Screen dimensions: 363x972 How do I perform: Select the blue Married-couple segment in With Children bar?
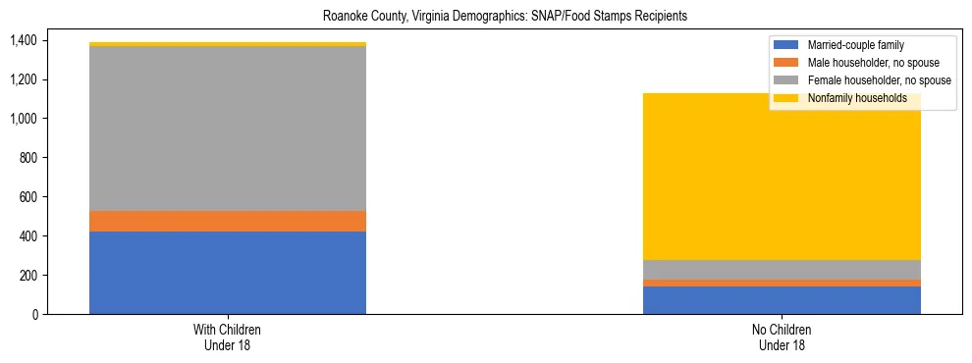228,273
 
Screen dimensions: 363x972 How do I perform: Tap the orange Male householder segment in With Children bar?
228,222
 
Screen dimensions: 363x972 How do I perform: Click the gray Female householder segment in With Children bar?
228,129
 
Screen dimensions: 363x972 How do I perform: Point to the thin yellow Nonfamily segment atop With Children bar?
228,44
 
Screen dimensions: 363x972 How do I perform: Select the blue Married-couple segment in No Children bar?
782,300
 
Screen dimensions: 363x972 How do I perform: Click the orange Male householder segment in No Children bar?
782,284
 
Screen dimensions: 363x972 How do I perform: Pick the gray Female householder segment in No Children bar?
782,270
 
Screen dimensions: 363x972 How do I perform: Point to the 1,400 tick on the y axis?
23,40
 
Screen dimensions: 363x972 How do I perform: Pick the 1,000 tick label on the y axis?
23,119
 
